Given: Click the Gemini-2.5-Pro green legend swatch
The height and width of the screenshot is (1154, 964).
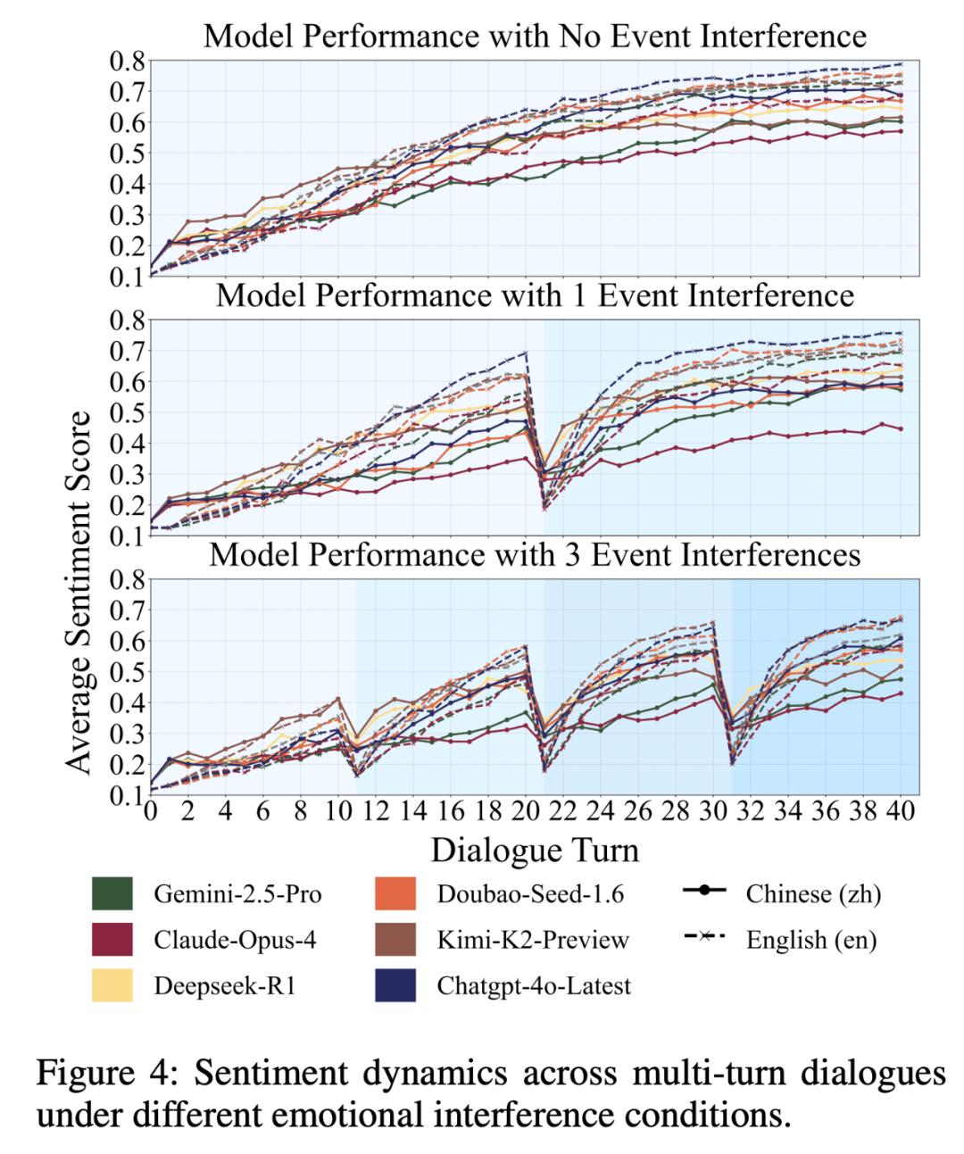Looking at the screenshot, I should pos(112,893).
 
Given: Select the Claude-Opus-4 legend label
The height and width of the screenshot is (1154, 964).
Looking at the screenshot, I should pos(235,940).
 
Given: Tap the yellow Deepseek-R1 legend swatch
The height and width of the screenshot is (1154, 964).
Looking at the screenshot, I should pos(112,985).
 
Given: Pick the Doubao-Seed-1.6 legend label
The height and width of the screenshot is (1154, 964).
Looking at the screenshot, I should pos(530,893).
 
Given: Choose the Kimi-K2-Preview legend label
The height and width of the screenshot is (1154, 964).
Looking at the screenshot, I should pos(533,940).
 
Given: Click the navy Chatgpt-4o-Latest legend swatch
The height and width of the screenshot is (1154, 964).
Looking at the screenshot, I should pos(395,985).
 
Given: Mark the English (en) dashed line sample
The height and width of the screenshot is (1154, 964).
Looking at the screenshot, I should pos(704,937).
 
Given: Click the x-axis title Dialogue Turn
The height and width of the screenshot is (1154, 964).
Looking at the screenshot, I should pos(535,849).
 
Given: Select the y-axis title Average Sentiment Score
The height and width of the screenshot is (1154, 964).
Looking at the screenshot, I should pos(79,592).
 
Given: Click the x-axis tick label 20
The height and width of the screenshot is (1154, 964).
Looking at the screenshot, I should pos(525,813).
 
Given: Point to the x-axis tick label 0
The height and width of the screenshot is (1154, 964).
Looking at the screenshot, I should pos(150,813).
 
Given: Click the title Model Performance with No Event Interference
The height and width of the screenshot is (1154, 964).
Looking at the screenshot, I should pos(535,36).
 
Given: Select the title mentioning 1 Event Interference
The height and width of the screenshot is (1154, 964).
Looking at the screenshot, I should pos(535,295).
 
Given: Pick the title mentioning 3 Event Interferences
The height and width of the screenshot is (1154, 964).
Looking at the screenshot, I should pos(535,555).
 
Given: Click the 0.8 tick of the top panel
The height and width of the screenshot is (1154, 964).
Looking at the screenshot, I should pos(128,61).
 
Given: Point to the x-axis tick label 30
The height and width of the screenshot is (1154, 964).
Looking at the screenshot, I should pos(712,813).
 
